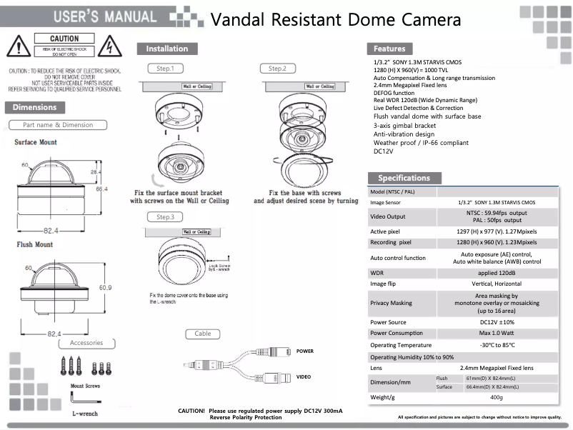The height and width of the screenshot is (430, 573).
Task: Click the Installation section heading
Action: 166,49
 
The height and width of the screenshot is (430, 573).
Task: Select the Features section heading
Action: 389,49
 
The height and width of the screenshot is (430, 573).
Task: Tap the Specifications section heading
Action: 404,178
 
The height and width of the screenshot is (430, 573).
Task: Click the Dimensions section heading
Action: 34,107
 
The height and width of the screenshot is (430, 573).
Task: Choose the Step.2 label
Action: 278,69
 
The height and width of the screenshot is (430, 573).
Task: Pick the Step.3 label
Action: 165,216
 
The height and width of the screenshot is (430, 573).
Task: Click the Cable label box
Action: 203,334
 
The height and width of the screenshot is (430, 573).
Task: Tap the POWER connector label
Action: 304,351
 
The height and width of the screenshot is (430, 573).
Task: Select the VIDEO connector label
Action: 304,376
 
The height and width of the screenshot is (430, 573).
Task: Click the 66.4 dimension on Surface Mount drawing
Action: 101,189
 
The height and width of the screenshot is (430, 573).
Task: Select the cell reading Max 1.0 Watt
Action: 497,333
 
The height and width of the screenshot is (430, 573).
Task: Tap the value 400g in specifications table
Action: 497,397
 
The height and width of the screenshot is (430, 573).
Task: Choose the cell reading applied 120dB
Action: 497,273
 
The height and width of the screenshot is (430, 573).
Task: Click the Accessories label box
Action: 86,343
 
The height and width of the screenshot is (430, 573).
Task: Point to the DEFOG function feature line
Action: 394,93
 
